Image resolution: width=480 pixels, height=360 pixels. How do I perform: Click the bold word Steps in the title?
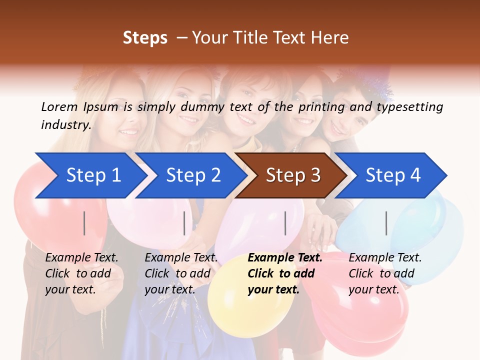coord(145,38)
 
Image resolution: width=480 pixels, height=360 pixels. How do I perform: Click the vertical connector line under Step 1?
coord(84,223)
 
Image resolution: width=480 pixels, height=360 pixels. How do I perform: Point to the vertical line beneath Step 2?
coord(184,223)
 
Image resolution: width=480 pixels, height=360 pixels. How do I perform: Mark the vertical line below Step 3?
coord(285,223)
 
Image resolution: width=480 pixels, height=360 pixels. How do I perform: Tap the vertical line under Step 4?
coord(386,223)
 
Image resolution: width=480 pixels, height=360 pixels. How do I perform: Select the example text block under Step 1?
coord(81,273)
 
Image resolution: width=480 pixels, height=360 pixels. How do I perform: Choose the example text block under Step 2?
coord(181,273)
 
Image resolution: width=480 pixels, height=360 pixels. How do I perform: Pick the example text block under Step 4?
coord(385,273)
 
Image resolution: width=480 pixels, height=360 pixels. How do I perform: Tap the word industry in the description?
coord(65,125)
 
